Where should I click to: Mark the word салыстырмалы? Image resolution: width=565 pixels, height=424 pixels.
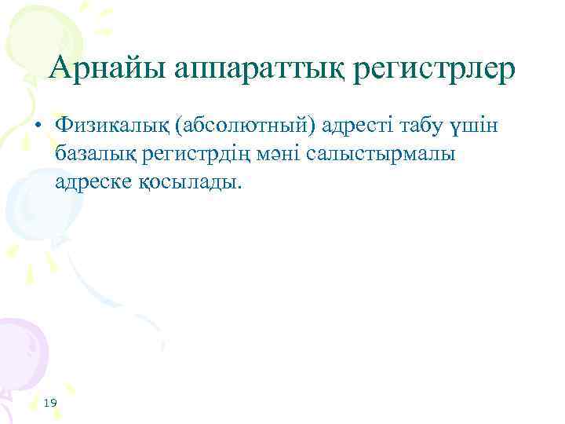[392, 154]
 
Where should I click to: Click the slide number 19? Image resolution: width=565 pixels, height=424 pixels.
[51, 403]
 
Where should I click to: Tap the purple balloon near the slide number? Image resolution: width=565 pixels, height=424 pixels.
[20, 353]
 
